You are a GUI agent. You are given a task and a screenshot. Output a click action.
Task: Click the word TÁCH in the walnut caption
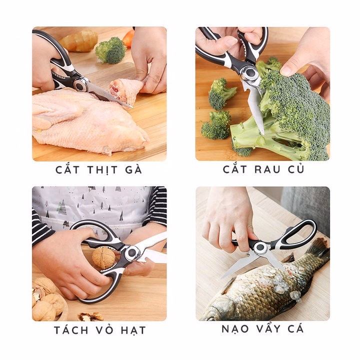pos(72,329)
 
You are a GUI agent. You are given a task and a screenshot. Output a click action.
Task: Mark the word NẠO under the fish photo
pos(236,329)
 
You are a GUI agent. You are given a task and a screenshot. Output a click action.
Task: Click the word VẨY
pos(268,329)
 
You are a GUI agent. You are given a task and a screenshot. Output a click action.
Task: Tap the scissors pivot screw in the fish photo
pos(259,247)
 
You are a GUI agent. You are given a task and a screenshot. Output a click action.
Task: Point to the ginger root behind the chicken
pos(80,40)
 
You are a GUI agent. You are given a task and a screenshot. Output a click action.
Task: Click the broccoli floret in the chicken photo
pos(110,49)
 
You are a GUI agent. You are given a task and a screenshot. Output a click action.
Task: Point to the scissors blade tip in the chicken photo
pos(131,106)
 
